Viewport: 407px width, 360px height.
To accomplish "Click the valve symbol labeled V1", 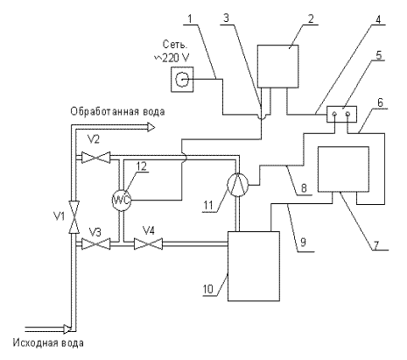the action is tap(74, 217).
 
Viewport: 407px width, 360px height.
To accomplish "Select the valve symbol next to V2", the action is tap(95, 158).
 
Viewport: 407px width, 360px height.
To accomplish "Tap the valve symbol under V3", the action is tap(95, 244).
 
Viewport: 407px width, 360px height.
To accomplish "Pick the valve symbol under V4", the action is tap(148, 244).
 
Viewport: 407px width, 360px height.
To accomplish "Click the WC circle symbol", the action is tap(122, 200).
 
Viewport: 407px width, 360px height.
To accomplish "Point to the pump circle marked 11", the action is tap(238, 184).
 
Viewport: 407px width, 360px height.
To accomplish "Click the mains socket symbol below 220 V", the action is tap(182, 79).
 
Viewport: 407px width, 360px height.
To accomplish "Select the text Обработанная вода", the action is tap(117, 111).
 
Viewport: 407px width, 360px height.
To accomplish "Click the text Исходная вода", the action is tap(48, 342).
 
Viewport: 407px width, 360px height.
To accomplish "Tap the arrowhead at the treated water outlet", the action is tap(151, 127).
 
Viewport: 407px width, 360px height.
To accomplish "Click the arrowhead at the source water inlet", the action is tap(67, 329).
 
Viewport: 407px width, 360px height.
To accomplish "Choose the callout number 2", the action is tap(311, 19).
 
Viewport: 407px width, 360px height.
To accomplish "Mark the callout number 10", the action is tap(208, 289).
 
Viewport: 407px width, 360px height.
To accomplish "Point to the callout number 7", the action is tap(375, 245).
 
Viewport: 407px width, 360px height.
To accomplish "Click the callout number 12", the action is tap(141, 166).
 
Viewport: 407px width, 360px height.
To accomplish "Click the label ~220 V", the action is tap(172, 58).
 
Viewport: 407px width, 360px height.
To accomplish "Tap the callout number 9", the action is tap(303, 242).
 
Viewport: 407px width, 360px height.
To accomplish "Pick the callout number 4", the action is tap(378, 19).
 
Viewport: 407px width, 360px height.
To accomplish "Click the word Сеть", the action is tap(174, 45).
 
